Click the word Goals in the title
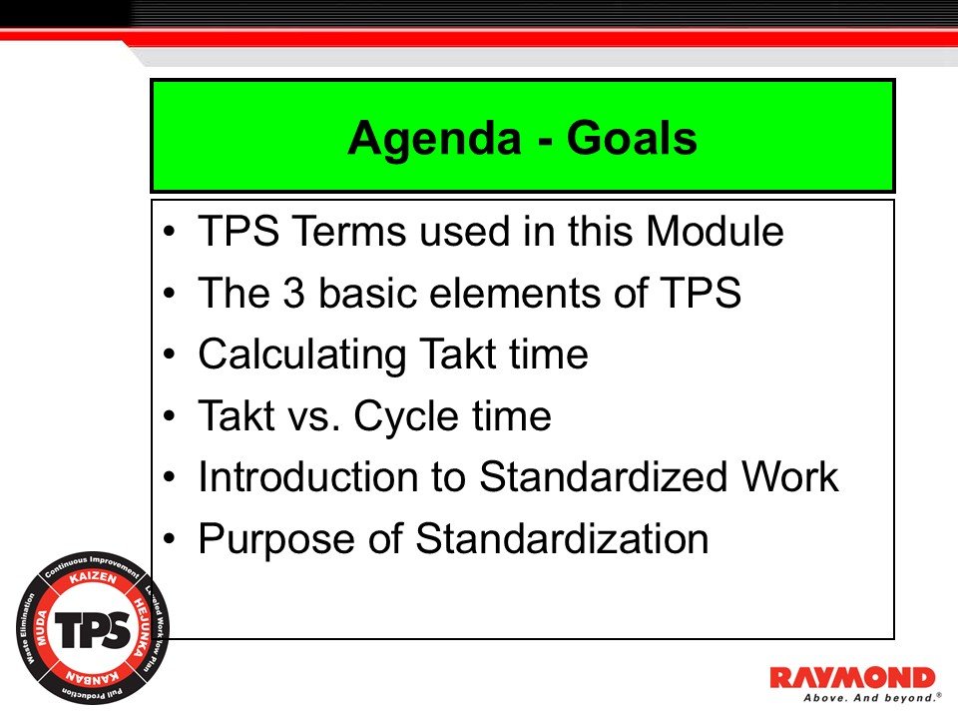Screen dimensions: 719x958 tap(631, 139)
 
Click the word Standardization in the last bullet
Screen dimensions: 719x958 tap(562, 539)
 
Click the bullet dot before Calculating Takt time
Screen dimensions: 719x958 tap(171, 356)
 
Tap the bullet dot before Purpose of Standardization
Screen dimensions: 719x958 tap(171, 540)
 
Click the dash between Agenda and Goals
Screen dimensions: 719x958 tap(540, 141)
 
